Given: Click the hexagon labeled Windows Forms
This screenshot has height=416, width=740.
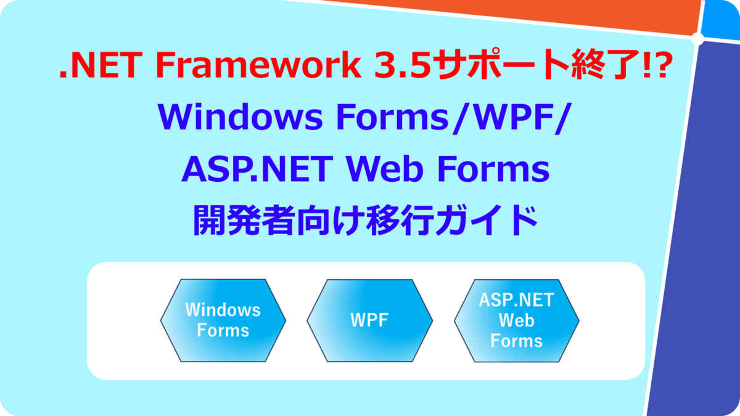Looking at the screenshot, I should pyautogui.click(x=223, y=320).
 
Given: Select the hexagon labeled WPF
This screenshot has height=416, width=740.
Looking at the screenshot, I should pyautogui.click(x=369, y=320).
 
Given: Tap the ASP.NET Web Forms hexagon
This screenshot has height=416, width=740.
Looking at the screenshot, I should pyautogui.click(x=516, y=320).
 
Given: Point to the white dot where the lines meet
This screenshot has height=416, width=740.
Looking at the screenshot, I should pyautogui.click(x=698, y=39).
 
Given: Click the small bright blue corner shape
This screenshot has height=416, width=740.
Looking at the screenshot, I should pyautogui.click(x=723, y=17).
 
